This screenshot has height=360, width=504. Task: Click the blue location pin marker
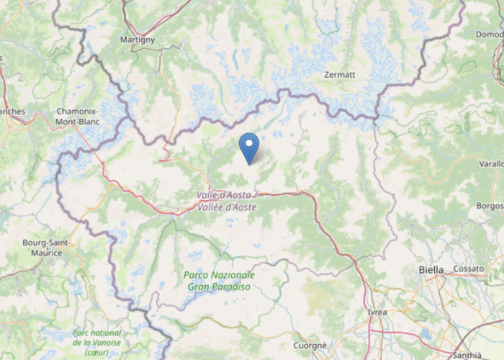[249, 147]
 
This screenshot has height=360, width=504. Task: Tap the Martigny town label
[138, 40]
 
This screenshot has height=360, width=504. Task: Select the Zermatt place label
[340, 74]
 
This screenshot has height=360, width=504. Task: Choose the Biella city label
[431, 269]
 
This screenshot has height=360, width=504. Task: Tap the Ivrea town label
[377, 312]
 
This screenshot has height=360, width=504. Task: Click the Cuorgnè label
[310, 346]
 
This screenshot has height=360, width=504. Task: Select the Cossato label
[469, 269]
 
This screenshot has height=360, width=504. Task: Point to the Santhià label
[466, 355]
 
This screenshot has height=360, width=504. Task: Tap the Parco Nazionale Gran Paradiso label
[219, 281]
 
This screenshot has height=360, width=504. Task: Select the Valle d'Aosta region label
[225, 195]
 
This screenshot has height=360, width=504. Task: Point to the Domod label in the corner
[490, 34]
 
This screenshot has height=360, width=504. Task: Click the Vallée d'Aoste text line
[226, 207]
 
